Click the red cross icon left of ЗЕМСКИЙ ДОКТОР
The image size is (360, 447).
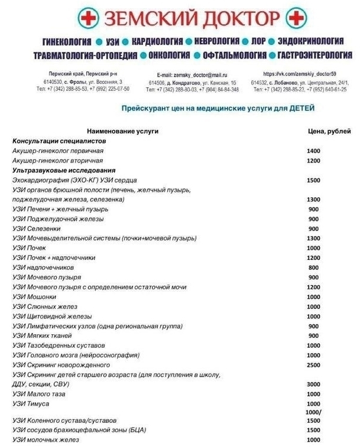pyautogui.click(x=89, y=19)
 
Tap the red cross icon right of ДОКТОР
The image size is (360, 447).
pyautogui.click(x=296, y=19)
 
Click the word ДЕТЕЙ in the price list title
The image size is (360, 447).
pyautogui.click(x=297, y=109)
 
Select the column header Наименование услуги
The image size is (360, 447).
pyautogui.click(x=122, y=131)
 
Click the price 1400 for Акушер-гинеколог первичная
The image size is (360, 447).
pyautogui.click(x=314, y=151)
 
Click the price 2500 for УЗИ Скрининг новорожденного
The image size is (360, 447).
pyautogui.click(x=314, y=365)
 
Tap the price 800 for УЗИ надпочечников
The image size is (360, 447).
pyautogui.click(x=314, y=267)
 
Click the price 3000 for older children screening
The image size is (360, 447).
pyautogui.click(x=314, y=384)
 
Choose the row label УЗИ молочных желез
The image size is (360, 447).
pyautogui.click(x=46, y=440)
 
